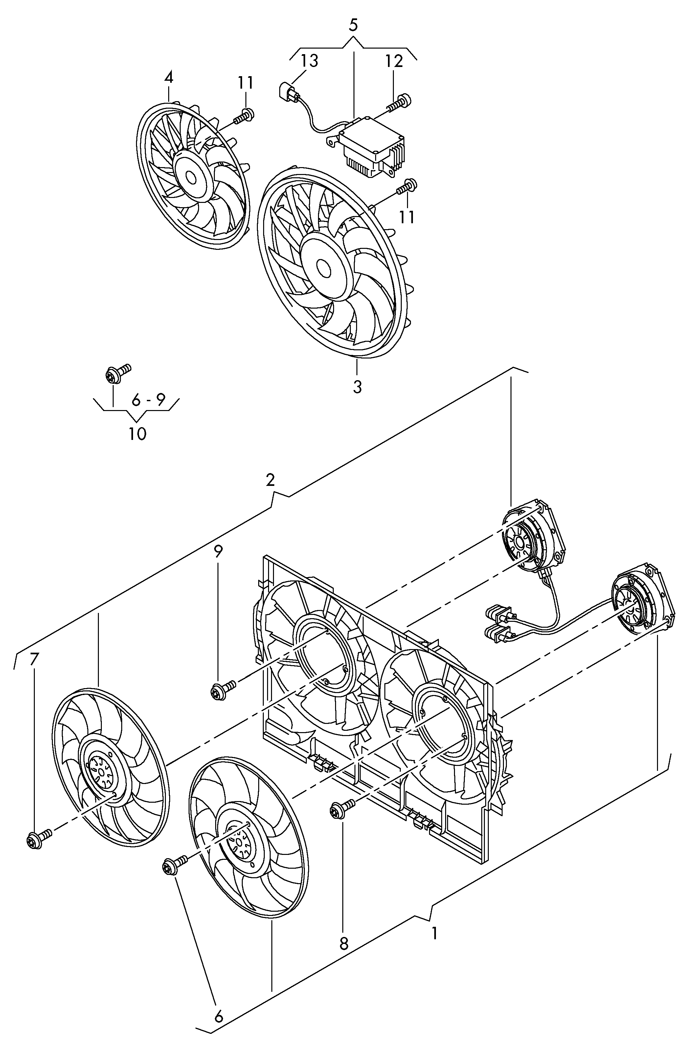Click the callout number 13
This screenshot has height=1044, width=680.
[309, 61]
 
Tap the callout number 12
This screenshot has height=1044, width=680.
[394, 61]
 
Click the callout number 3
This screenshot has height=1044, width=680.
[357, 387]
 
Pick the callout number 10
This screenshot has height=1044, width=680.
[137, 434]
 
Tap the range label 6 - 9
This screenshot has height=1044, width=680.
[148, 400]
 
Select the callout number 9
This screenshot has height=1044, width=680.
[218, 552]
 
